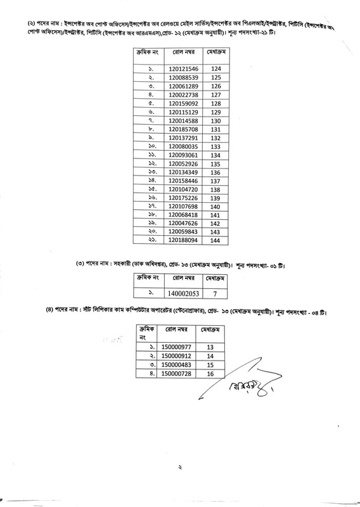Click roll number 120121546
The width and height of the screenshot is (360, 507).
(184, 68)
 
